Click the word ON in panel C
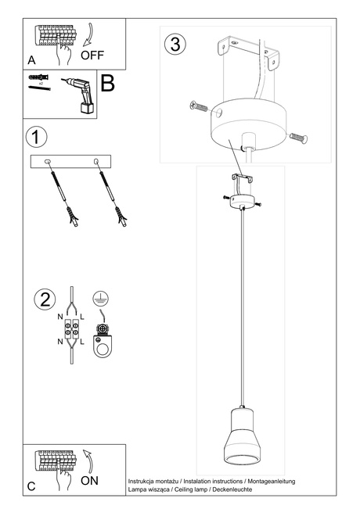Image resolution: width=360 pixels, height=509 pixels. pyautogui.click(x=89, y=481)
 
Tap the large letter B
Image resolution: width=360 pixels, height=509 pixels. pyautogui.click(x=107, y=84)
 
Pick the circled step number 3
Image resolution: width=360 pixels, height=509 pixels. pyautogui.click(x=175, y=44)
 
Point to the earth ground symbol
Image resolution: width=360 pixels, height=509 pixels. pyautogui.click(x=99, y=297)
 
